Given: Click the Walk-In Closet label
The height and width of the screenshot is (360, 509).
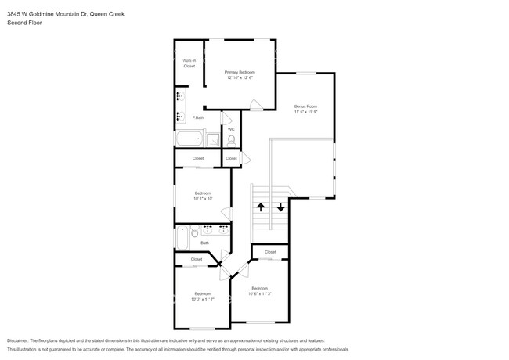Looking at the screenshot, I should coord(189,63).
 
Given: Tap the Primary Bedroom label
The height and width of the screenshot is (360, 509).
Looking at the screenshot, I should coord(240,72).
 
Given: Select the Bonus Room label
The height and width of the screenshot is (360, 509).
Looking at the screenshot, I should coord(305,106).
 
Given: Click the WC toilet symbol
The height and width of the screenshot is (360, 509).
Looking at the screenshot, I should coord(232,141).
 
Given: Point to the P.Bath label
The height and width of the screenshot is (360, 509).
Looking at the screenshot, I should coord(198,117).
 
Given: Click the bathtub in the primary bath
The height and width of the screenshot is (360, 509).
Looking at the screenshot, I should coord(189,140).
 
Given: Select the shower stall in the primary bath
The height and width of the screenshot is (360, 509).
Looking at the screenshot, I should coord(212,140).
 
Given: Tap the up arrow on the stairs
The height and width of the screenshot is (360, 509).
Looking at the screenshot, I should coord(260,207).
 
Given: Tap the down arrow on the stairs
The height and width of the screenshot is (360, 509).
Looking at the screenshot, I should coord(280,207).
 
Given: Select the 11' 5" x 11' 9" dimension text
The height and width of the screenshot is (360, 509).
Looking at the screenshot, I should coord(305,111).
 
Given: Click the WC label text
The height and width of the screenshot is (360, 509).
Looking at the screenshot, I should coord(231,129).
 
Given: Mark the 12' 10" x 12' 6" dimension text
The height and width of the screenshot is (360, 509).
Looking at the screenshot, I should coord(240,77).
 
